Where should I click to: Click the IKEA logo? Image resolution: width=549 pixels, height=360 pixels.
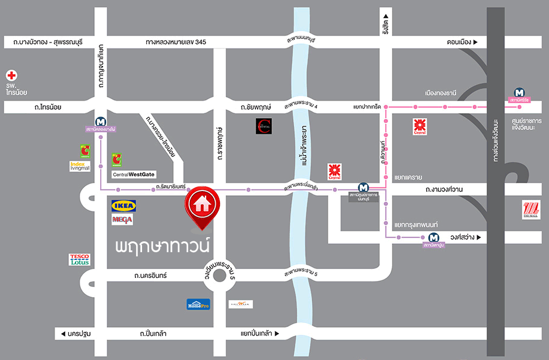pos(123,205)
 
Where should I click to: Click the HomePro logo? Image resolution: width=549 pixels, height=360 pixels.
pos(198,304)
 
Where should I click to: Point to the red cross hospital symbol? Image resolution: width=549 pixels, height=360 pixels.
pos(11,76)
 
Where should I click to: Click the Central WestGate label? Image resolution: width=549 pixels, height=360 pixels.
pos(133,175)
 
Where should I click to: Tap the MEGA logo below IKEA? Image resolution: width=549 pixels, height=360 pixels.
pos(122,220)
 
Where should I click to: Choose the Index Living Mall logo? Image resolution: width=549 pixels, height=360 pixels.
pos(80,166)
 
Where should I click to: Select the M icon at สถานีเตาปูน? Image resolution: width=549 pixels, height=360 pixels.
pos(433,237)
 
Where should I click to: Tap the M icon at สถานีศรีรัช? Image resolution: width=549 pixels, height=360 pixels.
pos(520,93)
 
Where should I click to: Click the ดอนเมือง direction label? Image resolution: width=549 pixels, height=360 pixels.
pos(462,42)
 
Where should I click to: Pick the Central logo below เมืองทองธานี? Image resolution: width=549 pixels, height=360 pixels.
pos(420,126)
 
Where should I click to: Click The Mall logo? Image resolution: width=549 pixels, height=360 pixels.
pos(531,210)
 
